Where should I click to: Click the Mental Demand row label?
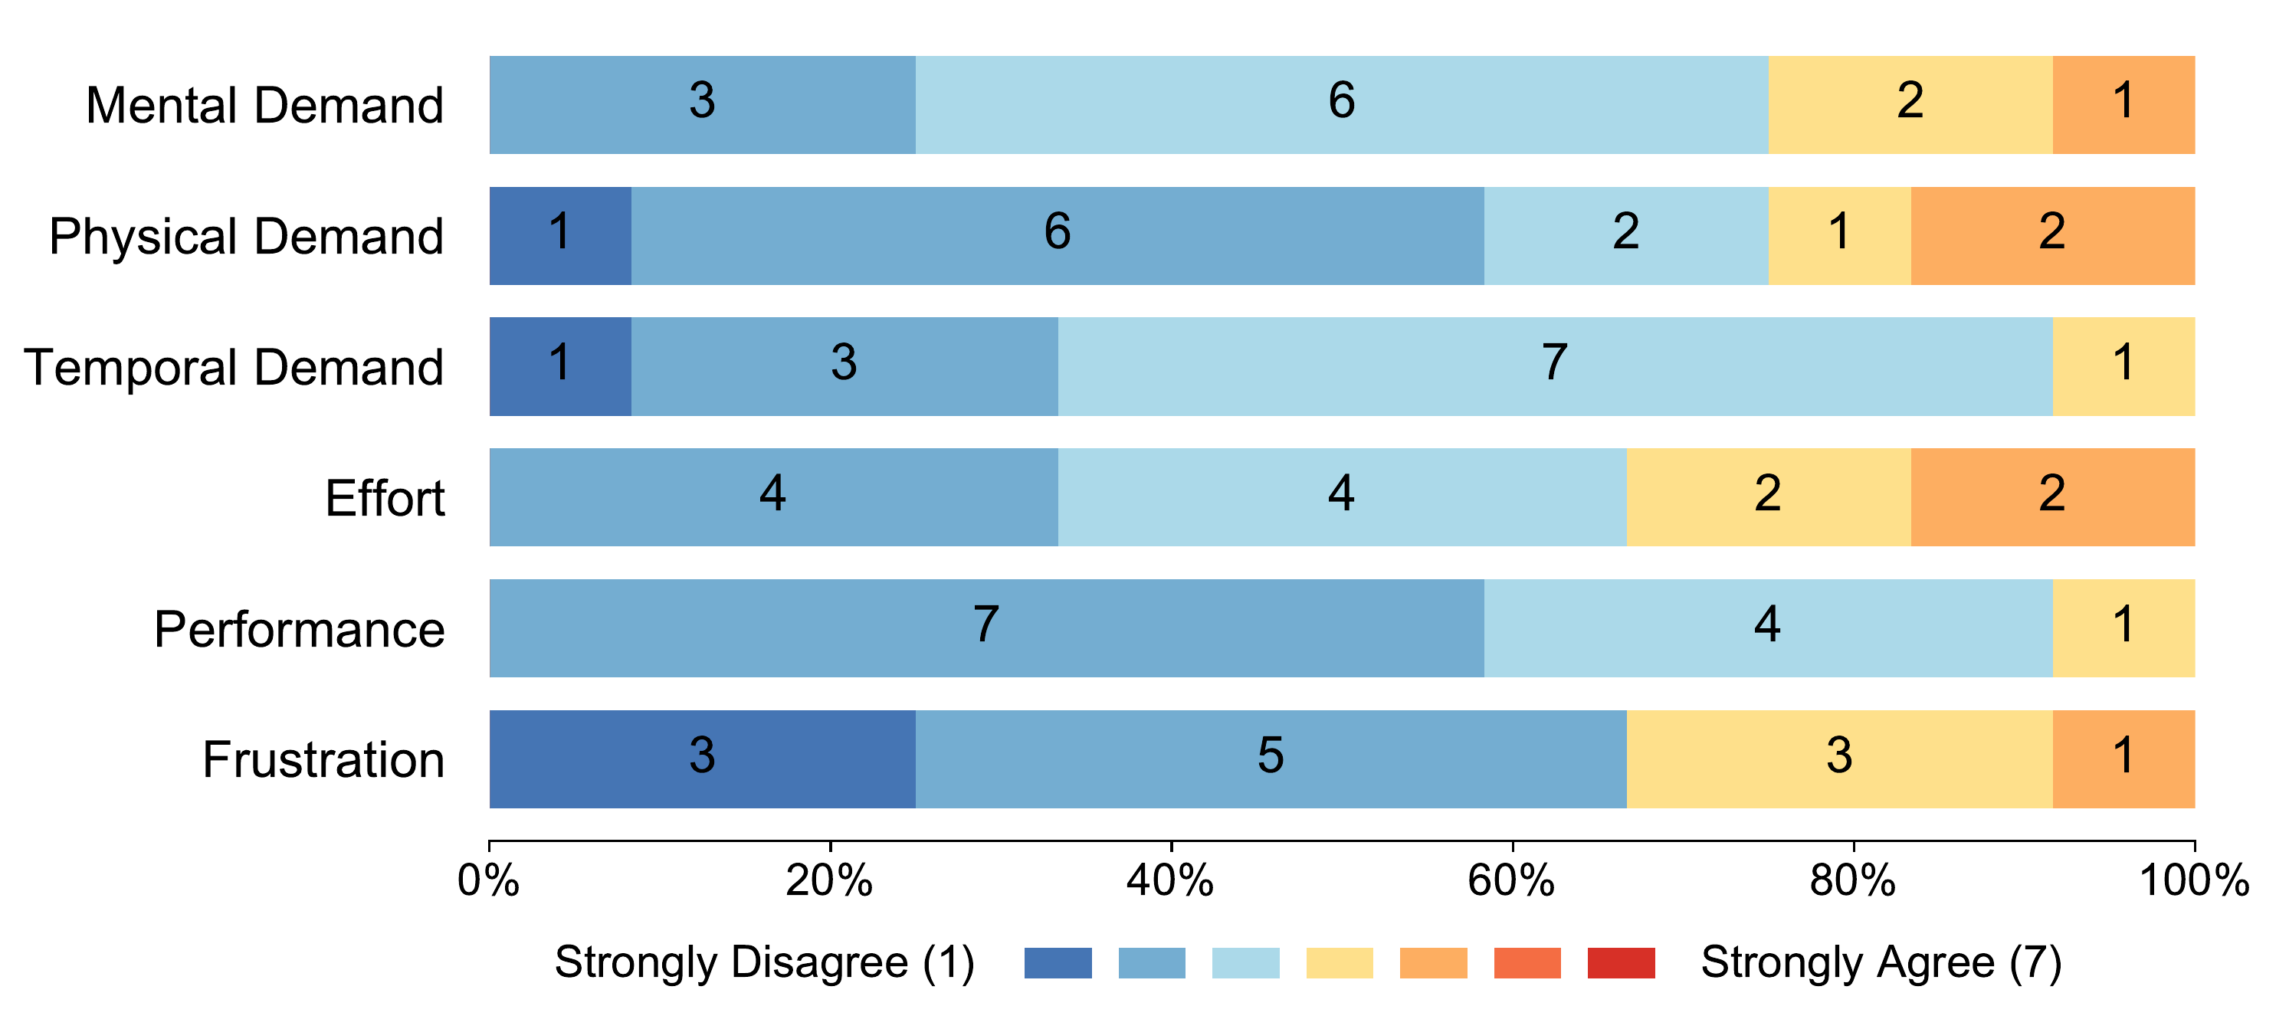[x=264, y=105]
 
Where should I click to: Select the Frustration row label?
[x=323, y=759]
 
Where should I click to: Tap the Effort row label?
[x=385, y=498]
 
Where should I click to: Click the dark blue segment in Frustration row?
[x=703, y=759]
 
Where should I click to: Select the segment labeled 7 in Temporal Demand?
[x=1554, y=365]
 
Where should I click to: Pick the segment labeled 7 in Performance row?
[x=986, y=628]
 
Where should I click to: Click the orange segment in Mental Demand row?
[x=2124, y=104]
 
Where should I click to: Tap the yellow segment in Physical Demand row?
[x=1838, y=235]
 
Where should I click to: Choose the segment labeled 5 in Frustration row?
[x=1271, y=759]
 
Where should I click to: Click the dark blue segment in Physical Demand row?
[x=560, y=235]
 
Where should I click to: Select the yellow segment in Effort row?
[x=1768, y=496]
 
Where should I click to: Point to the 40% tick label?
[x=1171, y=880]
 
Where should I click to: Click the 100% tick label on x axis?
[x=2194, y=880]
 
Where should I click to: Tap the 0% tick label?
[x=489, y=880]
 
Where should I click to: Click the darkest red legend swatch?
[x=1621, y=963]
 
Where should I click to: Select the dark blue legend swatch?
[x=1058, y=963]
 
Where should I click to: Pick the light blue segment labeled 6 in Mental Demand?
[x=1341, y=104]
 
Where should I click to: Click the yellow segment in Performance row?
[x=2124, y=628]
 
